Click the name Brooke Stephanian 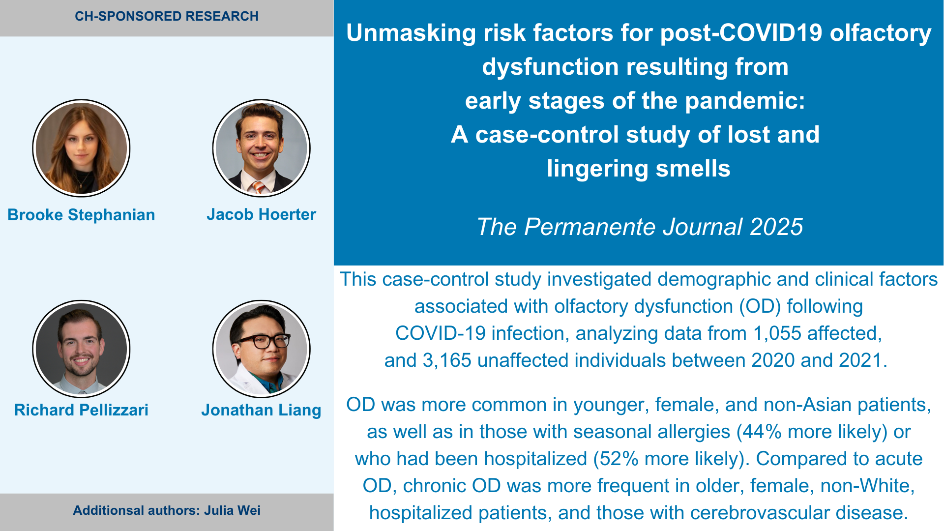pyautogui.click(x=81, y=215)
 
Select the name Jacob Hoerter pyautogui.click(x=261, y=214)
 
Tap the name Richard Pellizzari pyautogui.click(x=81, y=410)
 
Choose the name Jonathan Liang pyautogui.click(x=261, y=410)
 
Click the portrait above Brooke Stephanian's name pyautogui.click(x=81, y=148)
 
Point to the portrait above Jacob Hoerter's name pyautogui.click(x=261, y=148)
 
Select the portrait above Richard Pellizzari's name pyautogui.click(x=81, y=349)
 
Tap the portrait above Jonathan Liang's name pyautogui.click(x=261, y=349)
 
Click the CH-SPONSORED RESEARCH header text pyautogui.click(x=167, y=16)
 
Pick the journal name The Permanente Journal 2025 pyautogui.click(x=640, y=227)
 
